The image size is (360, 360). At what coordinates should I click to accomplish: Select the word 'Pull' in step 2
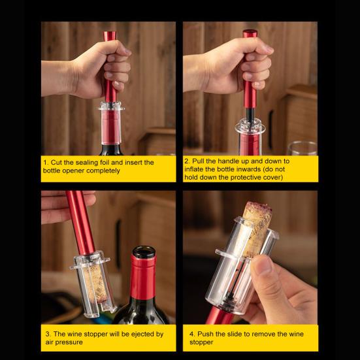click(198, 161)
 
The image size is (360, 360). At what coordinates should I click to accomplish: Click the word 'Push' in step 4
click(205, 334)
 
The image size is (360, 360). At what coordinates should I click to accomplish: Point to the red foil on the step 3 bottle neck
click(143, 276)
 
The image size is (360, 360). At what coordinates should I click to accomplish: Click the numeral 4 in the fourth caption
click(191, 334)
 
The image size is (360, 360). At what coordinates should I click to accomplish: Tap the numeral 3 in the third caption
click(48, 334)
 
